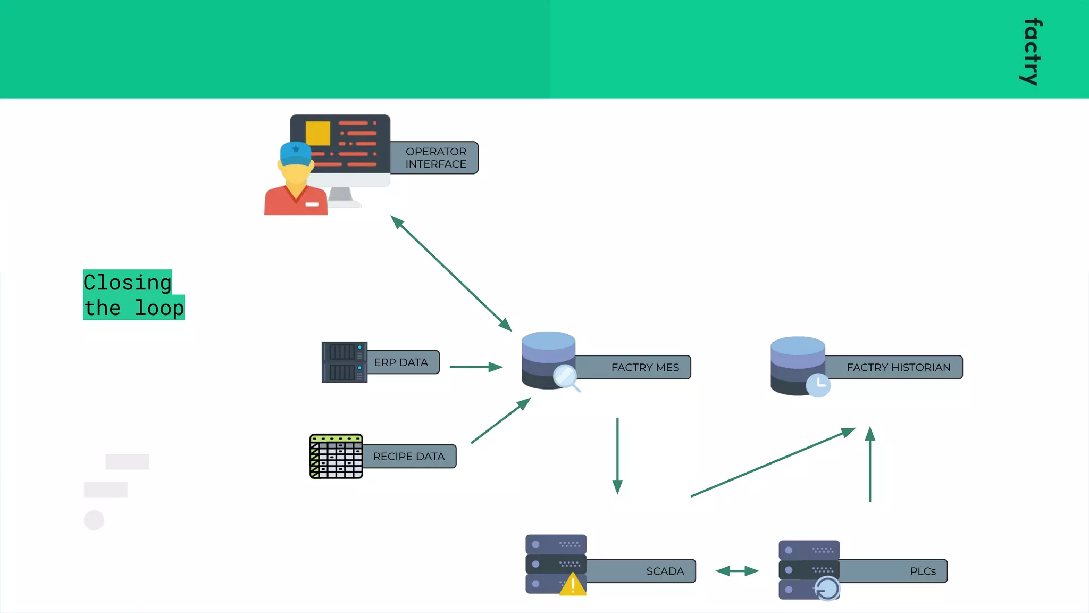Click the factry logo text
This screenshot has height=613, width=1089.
pyautogui.click(x=1032, y=52)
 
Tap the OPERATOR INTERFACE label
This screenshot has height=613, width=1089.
pyautogui.click(x=435, y=158)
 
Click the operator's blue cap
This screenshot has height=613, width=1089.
pyautogui.click(x=296, y=153)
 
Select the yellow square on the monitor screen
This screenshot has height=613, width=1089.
pyautogui.click(x=317, y=133)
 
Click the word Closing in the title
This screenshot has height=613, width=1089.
pyautogui.click(x=128, y=282)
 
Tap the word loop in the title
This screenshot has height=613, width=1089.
pyautogui.click(x=159, y=308)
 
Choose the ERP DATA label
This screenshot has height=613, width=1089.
pyautogui.click(x=401, y=362)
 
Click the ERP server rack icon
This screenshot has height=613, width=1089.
pyautogui.click(x=344, y=362)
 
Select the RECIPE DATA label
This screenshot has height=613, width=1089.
pyautogui.click(x=408, y=457)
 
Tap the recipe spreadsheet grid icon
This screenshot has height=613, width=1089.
pyautogui.click(x=336, y=457)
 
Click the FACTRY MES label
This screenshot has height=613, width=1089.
pyautogui.click(x=644, y=368)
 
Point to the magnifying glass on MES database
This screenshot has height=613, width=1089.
pyautogui.click(x=565, y=377)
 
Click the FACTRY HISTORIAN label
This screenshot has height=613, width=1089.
pyautogui.click(x=898, y=368)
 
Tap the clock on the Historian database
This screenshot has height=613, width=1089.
pyautogui.click(x=818, y=384)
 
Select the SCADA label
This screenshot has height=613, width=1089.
pyautogui.click(x=665, y=571)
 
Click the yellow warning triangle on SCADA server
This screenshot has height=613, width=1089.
pyautogui.click(x=573, y=585)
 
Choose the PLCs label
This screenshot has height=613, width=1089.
pyautogui.click(x=923, y=571)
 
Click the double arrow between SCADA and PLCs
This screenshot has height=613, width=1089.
pyautogui.click(x=737, y=571)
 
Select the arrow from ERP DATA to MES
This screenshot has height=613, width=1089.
pyautogui.click(x=476, y=367)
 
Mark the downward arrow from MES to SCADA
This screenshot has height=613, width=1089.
pyautogui.click(x=617, y=455)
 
